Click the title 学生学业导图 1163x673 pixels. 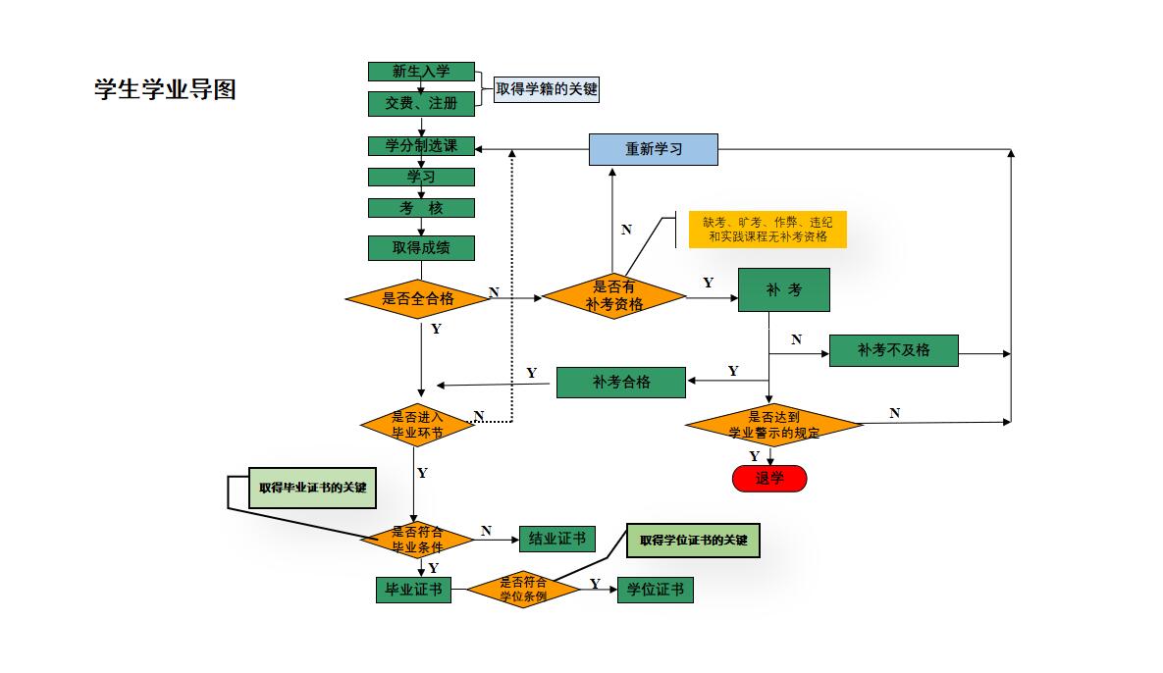[x=165, y=90]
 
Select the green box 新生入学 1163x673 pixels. [x=421, y=72]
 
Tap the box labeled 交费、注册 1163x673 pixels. [x=421, y=102]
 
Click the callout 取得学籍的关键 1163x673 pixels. [x=546, y=90]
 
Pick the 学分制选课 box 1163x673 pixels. [x=421, y=146]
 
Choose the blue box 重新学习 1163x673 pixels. [x=654, y=149]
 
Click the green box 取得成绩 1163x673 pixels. [x=421, y=248]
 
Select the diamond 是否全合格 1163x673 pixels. [x=418, y=298]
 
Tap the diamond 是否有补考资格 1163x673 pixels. [x=614, y=296]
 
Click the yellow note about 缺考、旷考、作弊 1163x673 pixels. [x=767, y=230]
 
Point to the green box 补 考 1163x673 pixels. [x=783, y=290]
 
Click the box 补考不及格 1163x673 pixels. [x=893, y=350]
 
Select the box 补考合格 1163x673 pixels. [x=620, y=382]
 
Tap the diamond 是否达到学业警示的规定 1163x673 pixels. [x=773, y=425]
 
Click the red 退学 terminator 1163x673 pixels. [x=769, y=479]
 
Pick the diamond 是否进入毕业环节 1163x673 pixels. [x=417, y=425]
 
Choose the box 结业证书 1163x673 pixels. [x=556, y=539]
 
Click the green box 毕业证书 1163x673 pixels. [x=413, y=590]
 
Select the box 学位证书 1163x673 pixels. [x=655, y=590]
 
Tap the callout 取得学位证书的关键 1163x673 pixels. [x=693, y=541]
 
